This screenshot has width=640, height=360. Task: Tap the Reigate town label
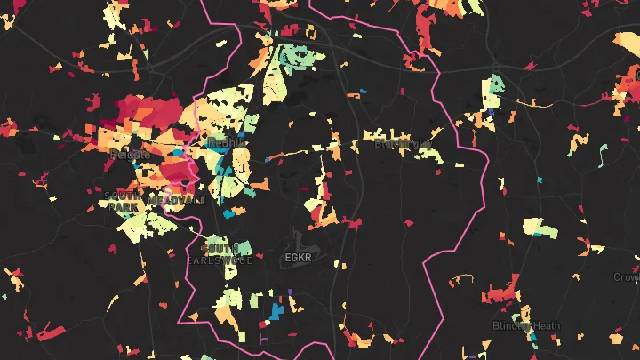[125, 154]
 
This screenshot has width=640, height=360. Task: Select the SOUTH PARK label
[123, 201]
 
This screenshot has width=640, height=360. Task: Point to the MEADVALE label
[177, 201]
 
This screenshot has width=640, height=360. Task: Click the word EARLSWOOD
[220, 260]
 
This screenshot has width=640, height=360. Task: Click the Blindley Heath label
[526, 326]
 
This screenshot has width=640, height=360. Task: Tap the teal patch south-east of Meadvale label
[232, 212]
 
